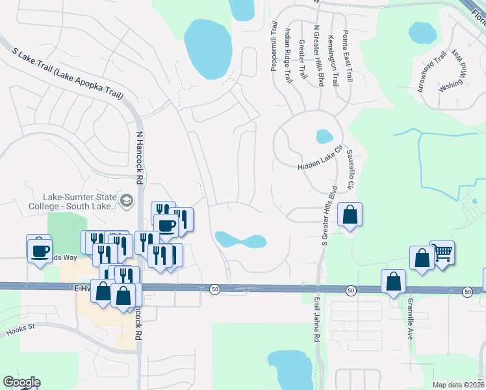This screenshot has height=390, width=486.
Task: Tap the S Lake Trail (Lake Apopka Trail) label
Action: [68, 73]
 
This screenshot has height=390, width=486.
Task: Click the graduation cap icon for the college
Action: [126, 201]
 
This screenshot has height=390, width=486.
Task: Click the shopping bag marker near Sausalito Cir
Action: [350, 215]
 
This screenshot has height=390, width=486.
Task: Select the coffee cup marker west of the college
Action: [38, 249]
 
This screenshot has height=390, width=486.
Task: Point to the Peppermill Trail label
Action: [275, 45]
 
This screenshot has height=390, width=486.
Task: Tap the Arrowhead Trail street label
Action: [433, 71]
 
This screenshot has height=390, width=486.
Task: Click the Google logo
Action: [21, 382]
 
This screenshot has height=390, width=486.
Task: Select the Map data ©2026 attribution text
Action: [457, 385]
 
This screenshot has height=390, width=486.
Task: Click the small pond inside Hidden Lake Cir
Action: [323, 136]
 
